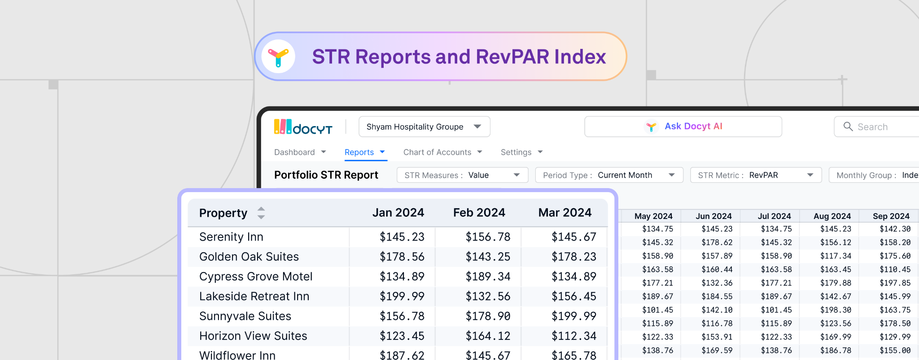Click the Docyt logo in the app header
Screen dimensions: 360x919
(303, 127)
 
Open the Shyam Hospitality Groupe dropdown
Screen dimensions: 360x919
(424, 127)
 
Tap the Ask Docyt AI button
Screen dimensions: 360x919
(683, 127)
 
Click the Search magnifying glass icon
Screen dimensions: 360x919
(848, 127)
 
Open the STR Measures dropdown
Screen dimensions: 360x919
(462, 175)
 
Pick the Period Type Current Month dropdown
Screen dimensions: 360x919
(609, 175)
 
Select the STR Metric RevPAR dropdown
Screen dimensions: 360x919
(756, 175)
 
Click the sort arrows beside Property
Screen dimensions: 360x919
(261, 213)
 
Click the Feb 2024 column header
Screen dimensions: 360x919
(479, 213)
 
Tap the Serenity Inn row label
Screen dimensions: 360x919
(231, 237)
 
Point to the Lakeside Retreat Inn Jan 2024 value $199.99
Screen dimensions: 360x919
(402, 296)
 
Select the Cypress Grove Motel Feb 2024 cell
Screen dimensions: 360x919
(488, 277)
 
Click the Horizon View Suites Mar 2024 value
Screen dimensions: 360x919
(573, 336)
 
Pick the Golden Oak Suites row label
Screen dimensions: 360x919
(249, 257)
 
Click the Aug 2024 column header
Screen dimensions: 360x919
(832, 216)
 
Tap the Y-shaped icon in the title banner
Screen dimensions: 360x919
(278, 57)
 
